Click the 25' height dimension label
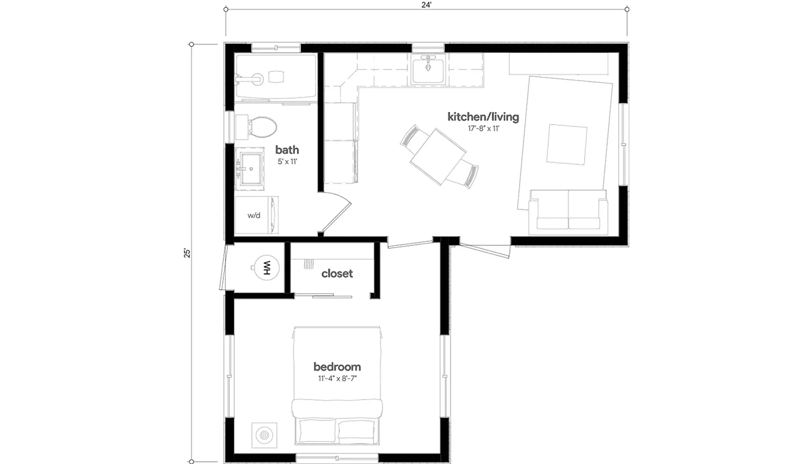tap(187, 253)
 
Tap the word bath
tap(287, 150)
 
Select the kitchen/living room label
tap(483, 117)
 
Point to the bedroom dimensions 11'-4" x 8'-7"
tap(336, 379)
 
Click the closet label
tap(337, 273)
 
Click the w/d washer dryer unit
tap(256, 215)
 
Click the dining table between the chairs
tap(438, 155)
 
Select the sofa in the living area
tap(568, 211)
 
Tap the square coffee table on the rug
tap(567, 144)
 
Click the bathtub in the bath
tap(275, 77)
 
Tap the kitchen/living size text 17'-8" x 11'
tap(483, 129)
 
